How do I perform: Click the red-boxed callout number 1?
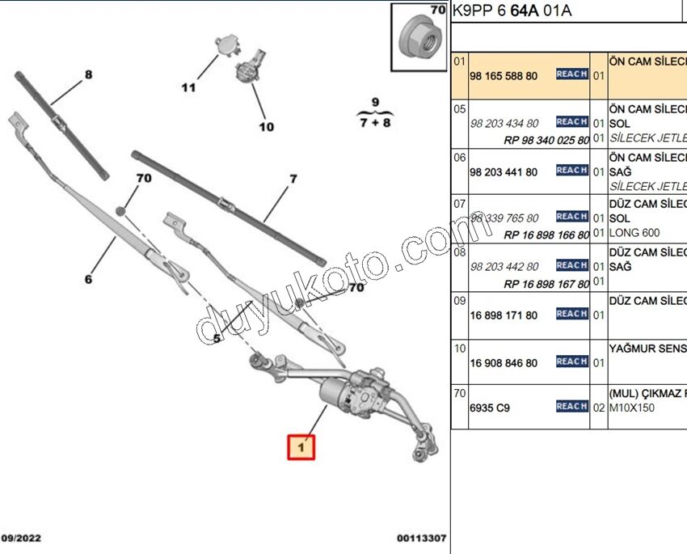[301, 446]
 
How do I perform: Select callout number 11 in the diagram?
[188, 87]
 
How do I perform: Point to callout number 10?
[266, 126]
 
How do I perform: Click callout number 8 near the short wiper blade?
[88, 75]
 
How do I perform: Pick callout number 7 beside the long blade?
[293, 179]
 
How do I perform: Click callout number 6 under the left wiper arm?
[88, 280]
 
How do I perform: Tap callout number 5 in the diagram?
[217, 338]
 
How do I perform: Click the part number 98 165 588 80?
[504, 76]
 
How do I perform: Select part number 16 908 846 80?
[504, 363]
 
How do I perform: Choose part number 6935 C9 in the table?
[490, 408]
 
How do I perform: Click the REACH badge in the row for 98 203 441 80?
[571, 171]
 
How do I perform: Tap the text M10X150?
[632, 408]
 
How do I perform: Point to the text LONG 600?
[634, 233]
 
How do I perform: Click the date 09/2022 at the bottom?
[21, 539]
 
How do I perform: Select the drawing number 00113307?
[421, 539]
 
